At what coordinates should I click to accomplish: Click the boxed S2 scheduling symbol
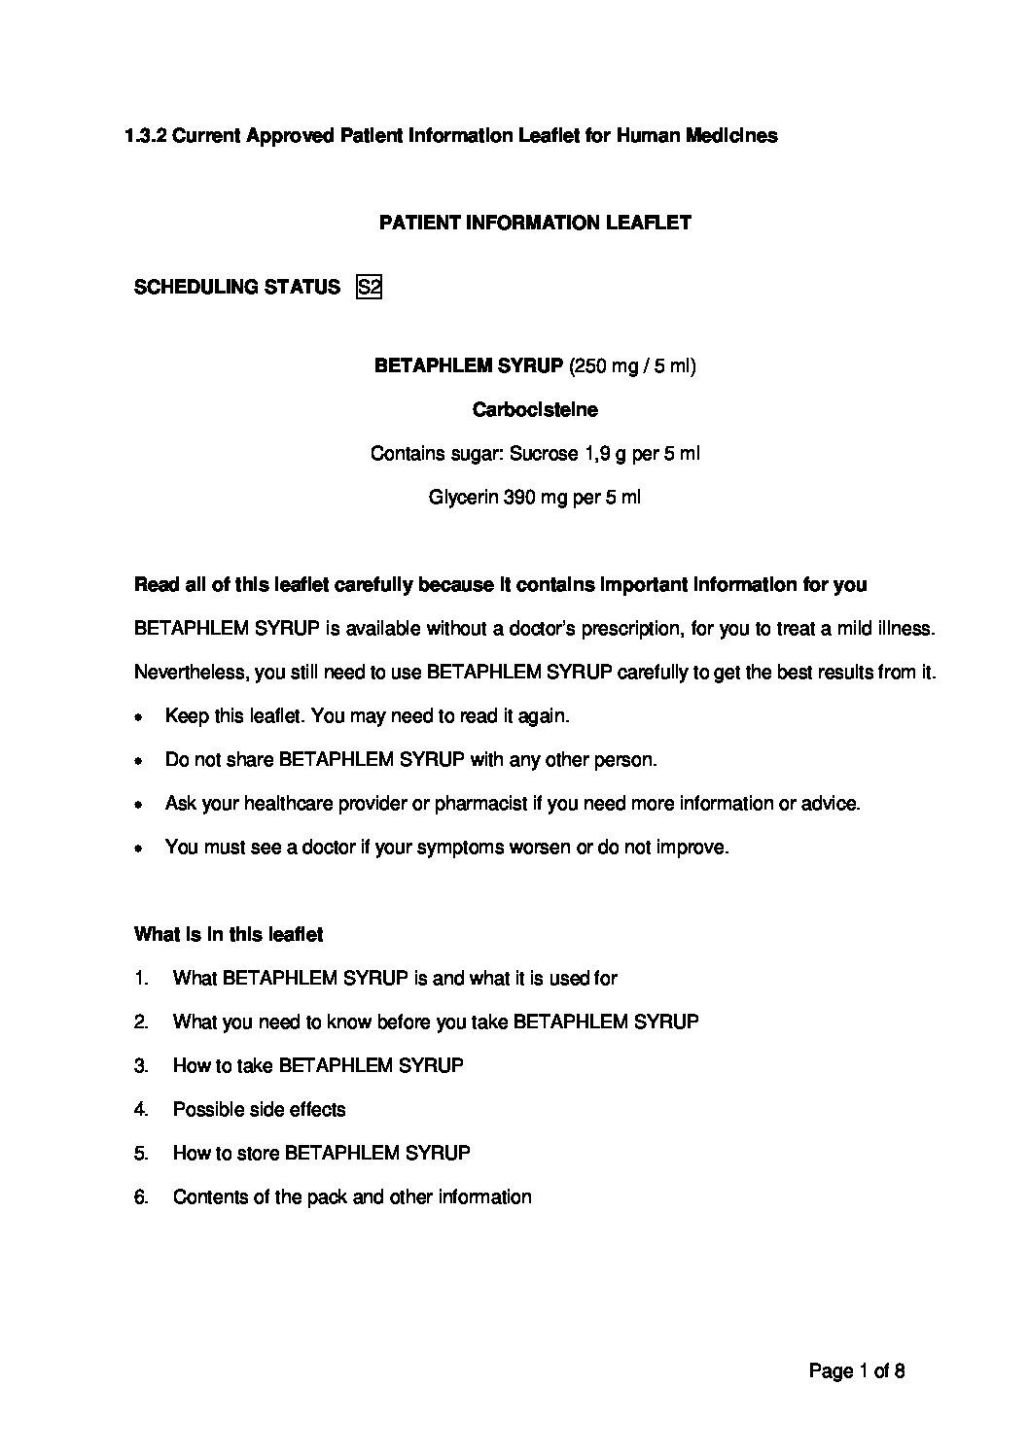point(369,287)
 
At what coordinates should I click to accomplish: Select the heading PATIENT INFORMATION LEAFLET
point(535,223)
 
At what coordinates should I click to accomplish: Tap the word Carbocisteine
point(535,410)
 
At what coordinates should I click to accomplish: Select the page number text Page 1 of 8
point(857,1372)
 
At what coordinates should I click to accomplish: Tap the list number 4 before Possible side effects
point(141,1110)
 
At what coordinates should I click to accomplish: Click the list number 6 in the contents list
point(141,1197)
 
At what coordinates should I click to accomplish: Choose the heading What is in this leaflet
point(229,935)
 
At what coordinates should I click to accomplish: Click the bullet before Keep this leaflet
point(140,717)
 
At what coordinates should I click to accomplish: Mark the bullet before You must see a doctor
point(140,849)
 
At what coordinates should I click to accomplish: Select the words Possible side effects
point(259,1110)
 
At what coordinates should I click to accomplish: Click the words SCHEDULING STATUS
point(236,287)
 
